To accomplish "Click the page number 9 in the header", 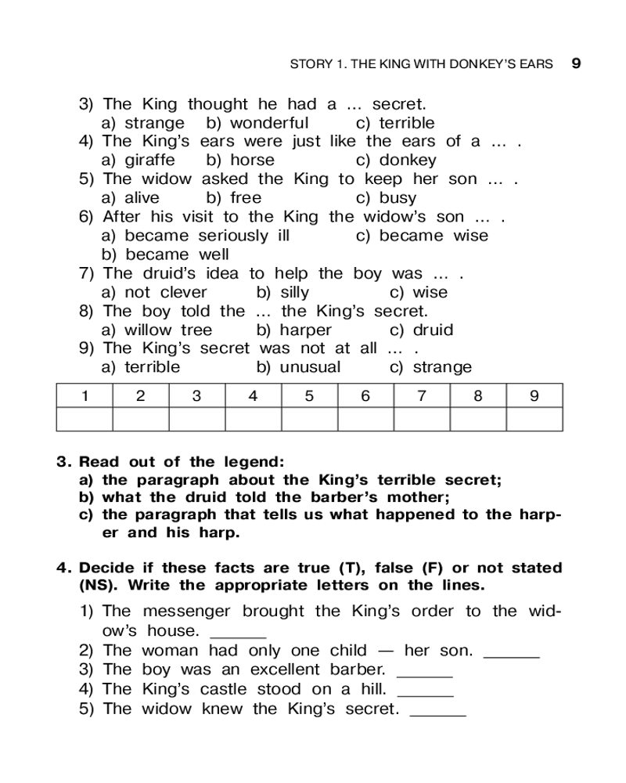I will [576, 63].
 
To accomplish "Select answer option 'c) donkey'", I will [396, 161].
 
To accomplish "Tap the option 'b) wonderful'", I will [257, 123].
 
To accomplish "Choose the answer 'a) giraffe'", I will [139, 161].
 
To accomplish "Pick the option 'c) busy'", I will [387, 198].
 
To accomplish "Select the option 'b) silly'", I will [283, 292].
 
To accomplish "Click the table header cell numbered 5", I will [309, 395].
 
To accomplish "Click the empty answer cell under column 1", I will [84, 419].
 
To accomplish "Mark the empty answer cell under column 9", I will [534, 419].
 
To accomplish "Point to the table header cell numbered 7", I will [422, 395].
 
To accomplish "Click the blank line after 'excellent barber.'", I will [425, 673].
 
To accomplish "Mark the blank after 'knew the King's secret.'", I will [437, 713].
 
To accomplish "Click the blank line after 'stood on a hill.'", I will [425, 693].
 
